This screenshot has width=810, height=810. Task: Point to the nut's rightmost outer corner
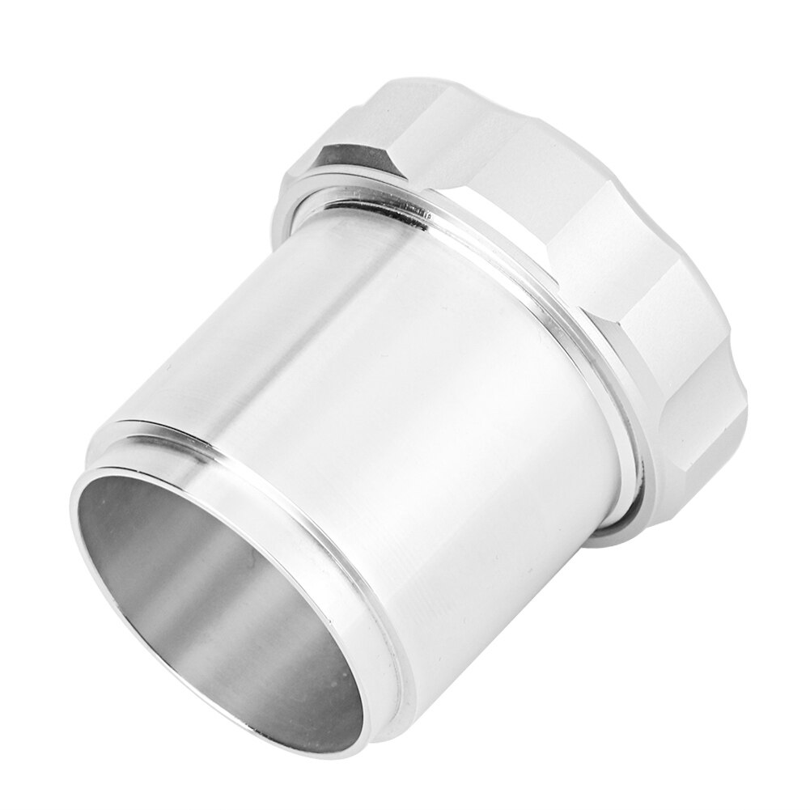click(x=732, y=324)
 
